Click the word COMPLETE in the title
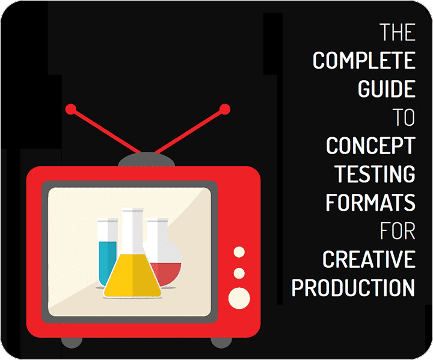(364, 60)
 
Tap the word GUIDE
(387, 88)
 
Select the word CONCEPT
(370, 145)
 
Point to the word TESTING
(375, 174)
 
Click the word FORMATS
(370, 202)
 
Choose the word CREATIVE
(369, 259)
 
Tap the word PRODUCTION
(353, 288)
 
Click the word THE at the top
(398, 32)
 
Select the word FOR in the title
(398, 231)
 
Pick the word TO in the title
(404, 117)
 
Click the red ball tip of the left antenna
(71, 109)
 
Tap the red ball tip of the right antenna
(225, 109)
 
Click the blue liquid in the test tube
(108, 261)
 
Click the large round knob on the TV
(239, 299)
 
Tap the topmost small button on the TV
(239, 252)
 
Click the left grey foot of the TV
(72, 343)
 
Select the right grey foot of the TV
(221, 343)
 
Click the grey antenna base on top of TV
(146, 160)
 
